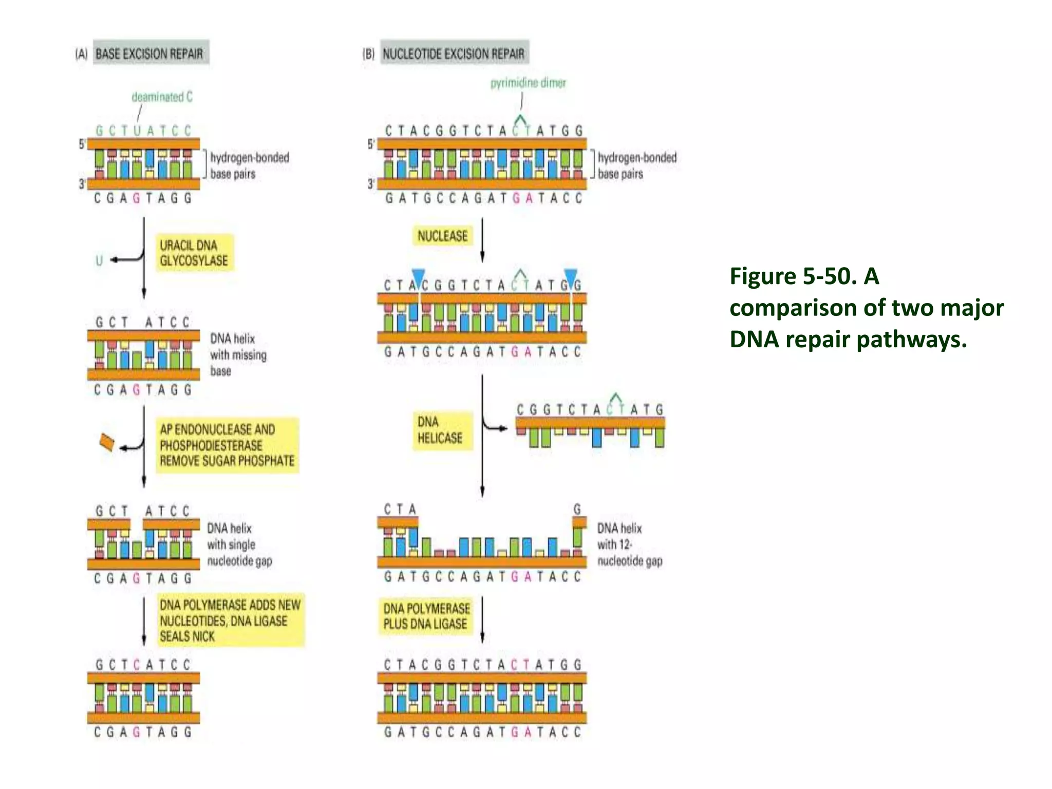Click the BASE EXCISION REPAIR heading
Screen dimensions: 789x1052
point(149,53)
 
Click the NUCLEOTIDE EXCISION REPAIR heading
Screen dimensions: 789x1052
point(454,53)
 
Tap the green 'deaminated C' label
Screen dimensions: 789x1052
point(162,97)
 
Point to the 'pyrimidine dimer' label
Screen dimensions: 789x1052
point(528,83)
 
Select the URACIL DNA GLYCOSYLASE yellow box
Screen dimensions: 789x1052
point(194,253)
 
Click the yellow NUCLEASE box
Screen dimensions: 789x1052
point(442,236)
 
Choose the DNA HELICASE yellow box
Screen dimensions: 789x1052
point(440,430)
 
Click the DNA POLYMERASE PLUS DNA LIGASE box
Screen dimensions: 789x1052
point(426,616)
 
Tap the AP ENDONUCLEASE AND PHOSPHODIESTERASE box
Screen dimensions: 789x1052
point(227,445)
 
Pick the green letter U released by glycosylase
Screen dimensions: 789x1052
point(99,260)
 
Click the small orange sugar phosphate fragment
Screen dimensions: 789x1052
point(106,442)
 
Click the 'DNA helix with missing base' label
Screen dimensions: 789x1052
point(238,354)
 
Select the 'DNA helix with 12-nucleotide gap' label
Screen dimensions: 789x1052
point(629,544)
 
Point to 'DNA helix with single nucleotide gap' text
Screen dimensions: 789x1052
point(239,544)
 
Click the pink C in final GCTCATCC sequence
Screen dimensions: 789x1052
point(137,665)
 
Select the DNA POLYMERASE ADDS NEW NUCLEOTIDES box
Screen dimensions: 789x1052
point(230,621)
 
